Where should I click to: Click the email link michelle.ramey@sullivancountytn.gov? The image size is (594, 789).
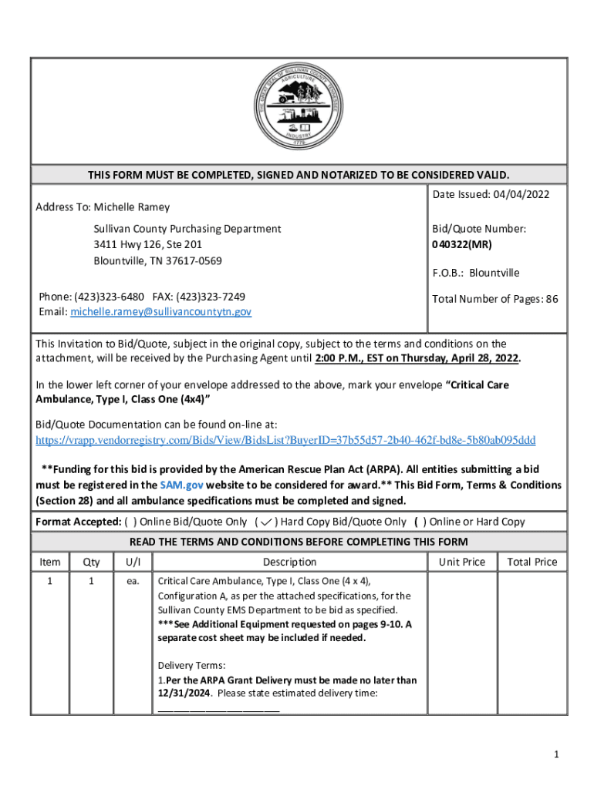(160, 312)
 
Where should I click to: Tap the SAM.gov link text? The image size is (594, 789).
(181, 485)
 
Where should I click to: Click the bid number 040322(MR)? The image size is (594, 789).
(462, 245)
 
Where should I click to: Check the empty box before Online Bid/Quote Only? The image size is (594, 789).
(127, 522)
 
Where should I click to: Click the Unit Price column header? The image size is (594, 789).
(461, 562)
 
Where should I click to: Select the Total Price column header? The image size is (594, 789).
(532, 562)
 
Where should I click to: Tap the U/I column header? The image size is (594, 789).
(133, 562)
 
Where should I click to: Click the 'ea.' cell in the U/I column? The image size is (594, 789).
(133, 581)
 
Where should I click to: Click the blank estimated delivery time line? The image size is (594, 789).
(218, 708)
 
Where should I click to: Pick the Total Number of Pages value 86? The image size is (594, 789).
(551, 299)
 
